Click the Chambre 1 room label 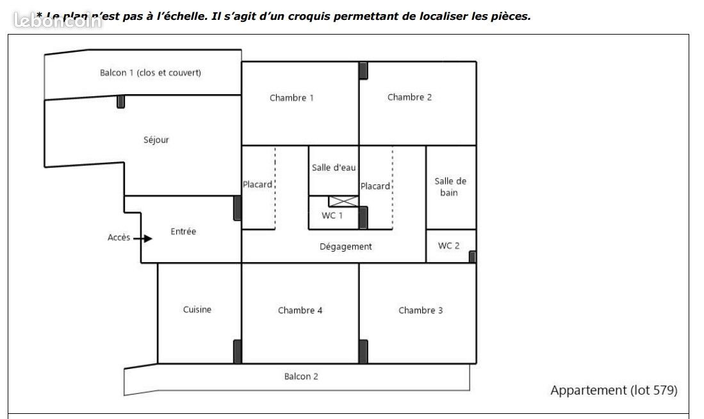coord(291,98)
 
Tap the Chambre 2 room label coord(409,97)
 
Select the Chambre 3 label coord(420,311)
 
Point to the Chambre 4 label coord(300,311)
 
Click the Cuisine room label coord(197,310)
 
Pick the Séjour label coord(156,140)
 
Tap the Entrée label coord(183,232)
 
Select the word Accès coord(119,238)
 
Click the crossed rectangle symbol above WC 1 coord(341,202)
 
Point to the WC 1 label coord(332,216)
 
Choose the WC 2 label coord(448,246)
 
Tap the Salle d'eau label coord(334,168)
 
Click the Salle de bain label coord(450,187)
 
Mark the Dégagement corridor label coord(345,247)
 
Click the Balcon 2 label coord(301,377)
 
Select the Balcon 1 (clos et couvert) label coord(151,73)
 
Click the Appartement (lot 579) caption coord(613,390)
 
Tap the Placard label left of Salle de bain coord(375,186)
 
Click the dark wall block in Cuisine coord(237,352)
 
